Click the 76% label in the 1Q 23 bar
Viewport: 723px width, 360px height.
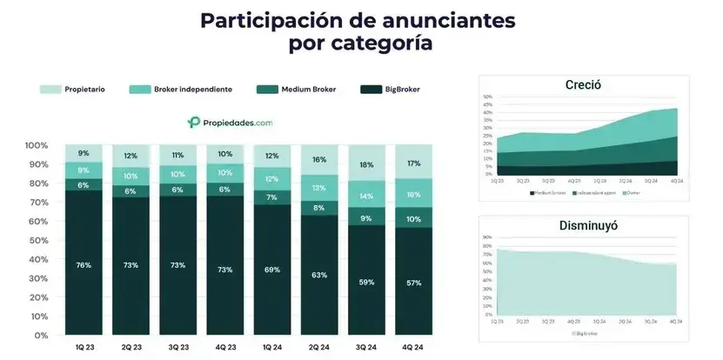(x=83, y=264)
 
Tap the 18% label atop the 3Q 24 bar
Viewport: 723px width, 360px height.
(x=367, y=164)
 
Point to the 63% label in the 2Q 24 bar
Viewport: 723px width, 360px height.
(x=320, y=275)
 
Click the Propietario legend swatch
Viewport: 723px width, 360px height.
(x=50, y=89)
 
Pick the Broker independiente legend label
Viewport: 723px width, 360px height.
(x=192, y=89)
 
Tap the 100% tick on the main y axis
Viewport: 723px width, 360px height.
(x=36, y=145)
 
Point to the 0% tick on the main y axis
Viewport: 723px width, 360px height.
(x=41, y=335)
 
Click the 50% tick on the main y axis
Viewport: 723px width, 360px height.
(x=38, y=240)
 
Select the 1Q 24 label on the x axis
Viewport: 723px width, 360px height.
(x=272, y=347)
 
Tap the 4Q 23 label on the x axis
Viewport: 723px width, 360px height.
(x=224, y=347)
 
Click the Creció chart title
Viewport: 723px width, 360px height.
(x=583, y=85)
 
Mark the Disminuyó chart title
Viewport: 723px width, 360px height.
(x=583, y=226)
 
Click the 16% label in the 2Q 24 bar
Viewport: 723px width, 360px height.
(x=320, y=160)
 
